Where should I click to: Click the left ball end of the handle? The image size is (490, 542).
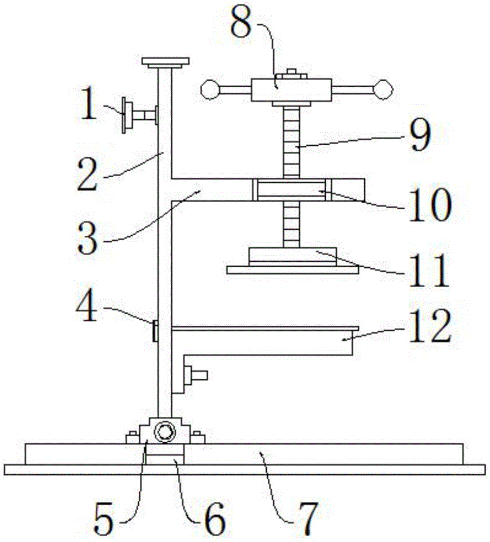pos(209,89)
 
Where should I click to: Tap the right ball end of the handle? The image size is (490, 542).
pos(384,89)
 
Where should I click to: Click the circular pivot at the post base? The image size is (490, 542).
pos(164,433)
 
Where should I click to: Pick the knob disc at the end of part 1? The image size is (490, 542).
pos(126,115)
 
